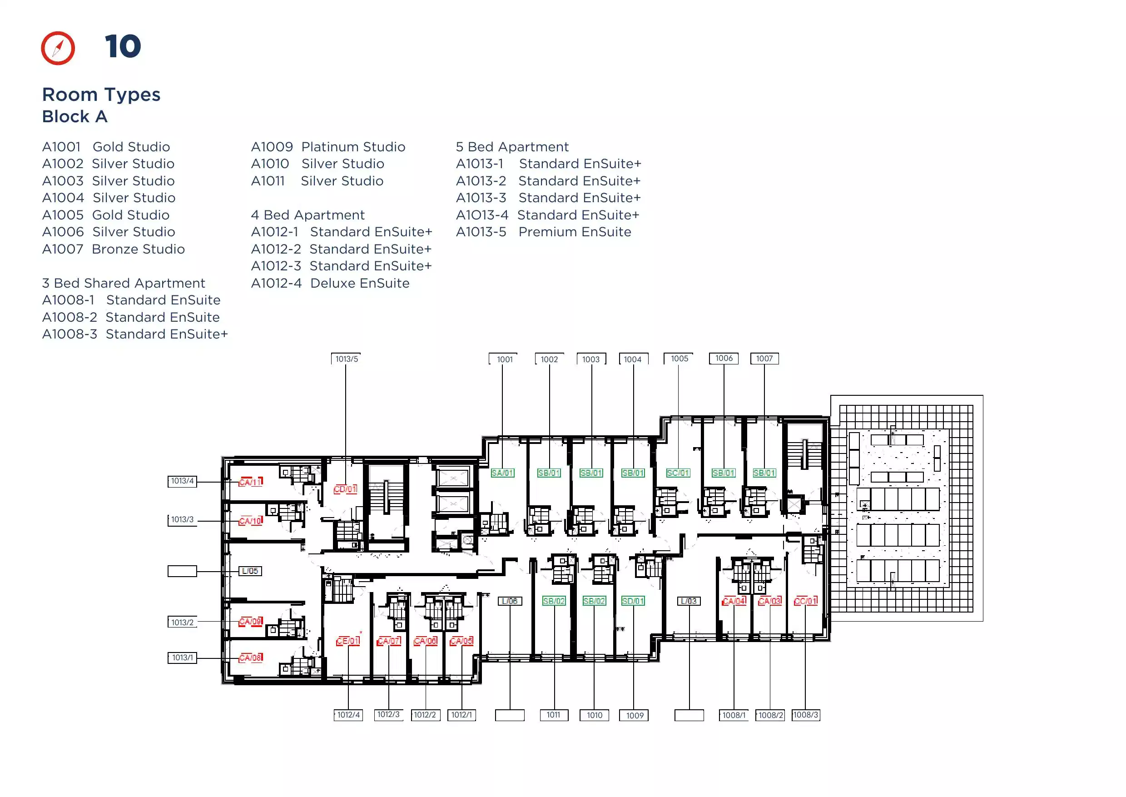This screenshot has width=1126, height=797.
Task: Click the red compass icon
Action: [x=58, y=48]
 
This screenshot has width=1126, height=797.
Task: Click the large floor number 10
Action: [x=123, y=47]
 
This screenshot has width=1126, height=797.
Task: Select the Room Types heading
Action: [x=101, y=94]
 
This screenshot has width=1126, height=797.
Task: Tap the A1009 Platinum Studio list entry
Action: [x=328, y=147]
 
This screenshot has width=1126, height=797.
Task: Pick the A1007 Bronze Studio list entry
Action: [x=114, y=249]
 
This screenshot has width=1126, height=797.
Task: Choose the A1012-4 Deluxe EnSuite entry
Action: [x=330, y=283]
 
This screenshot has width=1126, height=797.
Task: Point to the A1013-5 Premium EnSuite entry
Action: [x=544, y=232]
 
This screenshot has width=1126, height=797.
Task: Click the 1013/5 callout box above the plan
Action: [x=347, y=359]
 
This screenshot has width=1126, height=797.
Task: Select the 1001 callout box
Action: [x=504, y=359]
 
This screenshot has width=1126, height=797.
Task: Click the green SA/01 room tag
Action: [x=502, y=473]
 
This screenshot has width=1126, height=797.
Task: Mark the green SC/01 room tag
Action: [x=678, y=473]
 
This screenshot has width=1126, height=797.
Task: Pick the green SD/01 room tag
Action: [x=633, y=601]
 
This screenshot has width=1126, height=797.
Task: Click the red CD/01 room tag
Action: [x=345, y=489]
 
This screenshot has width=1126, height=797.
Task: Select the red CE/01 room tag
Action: [x=348, y=641]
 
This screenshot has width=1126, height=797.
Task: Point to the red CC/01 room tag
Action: [x=806, y=601]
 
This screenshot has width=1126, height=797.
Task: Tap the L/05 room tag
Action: [x=250, y=571]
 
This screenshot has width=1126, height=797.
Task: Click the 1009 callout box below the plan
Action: [x=634, y=716]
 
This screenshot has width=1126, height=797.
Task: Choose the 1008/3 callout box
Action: [x=806, y=715]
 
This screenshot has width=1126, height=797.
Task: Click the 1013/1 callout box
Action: [x=183, y=658]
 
